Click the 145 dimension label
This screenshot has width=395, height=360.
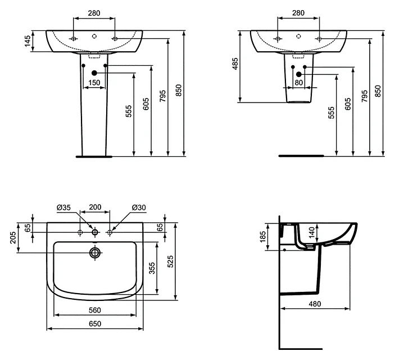(x=28, y=41)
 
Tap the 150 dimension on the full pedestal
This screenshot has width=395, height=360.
(x=94, y=83)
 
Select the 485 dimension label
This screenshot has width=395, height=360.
(x=235, y=64)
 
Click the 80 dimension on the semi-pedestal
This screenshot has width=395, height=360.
(x=298, y=83)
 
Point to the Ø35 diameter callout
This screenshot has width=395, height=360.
(x=63, y=208)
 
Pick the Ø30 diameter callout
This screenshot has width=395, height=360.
(x=139, y=208)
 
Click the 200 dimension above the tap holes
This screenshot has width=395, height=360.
(x=95, y=207)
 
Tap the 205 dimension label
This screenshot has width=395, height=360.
(x=13, y=237)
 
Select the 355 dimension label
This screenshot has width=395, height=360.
(x=152, y=268)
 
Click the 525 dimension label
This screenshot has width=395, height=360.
(x=171, y=262)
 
